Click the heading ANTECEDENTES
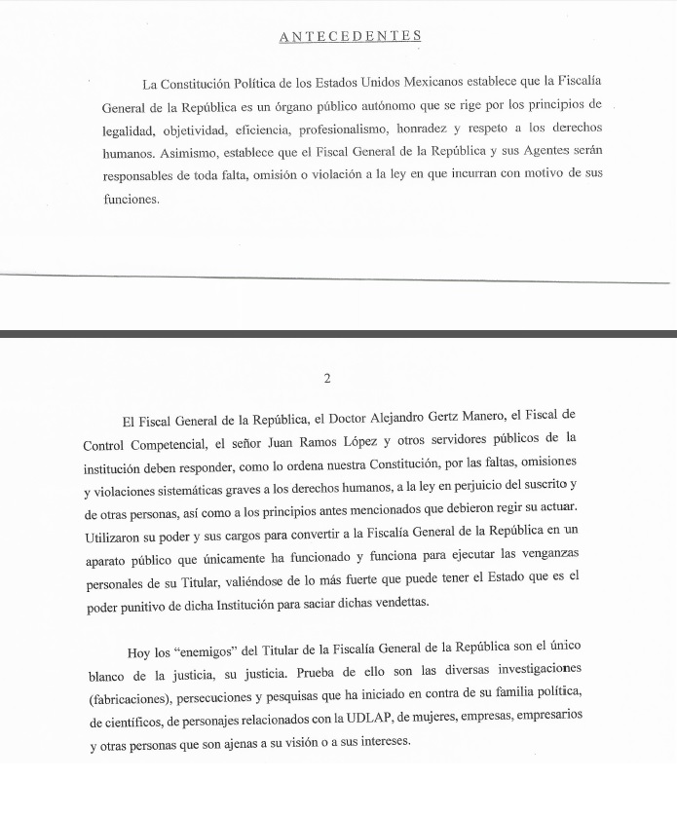click(x=350, y=36)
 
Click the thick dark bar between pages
click(x=338, y=333)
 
